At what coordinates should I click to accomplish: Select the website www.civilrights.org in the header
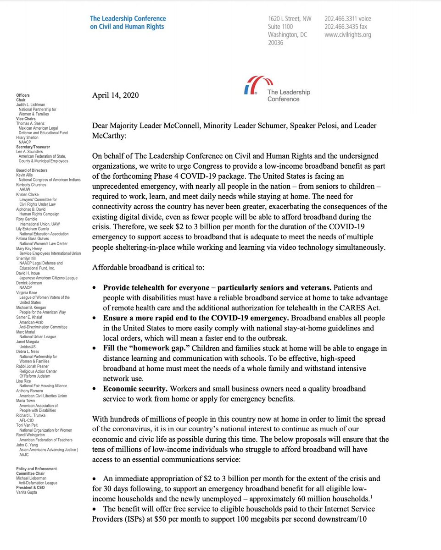pyautogui.click(x=347, y=35)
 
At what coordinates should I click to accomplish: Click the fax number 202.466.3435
pyautogui.click(x=341, y=27)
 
